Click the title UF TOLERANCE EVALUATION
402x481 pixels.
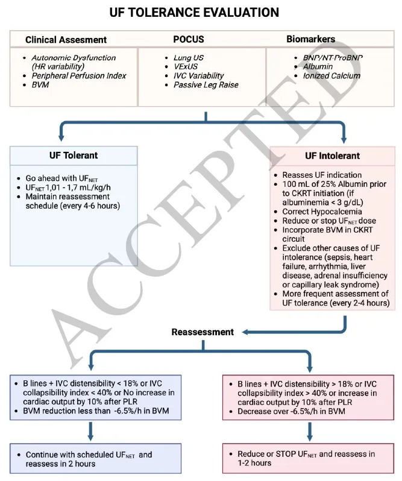194,13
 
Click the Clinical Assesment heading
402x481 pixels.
66,40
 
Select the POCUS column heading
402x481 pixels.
189,40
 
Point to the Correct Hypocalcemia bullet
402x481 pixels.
322,212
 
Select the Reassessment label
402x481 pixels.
203,332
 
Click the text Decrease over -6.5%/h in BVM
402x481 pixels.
288,412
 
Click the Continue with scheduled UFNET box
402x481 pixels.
89,459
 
